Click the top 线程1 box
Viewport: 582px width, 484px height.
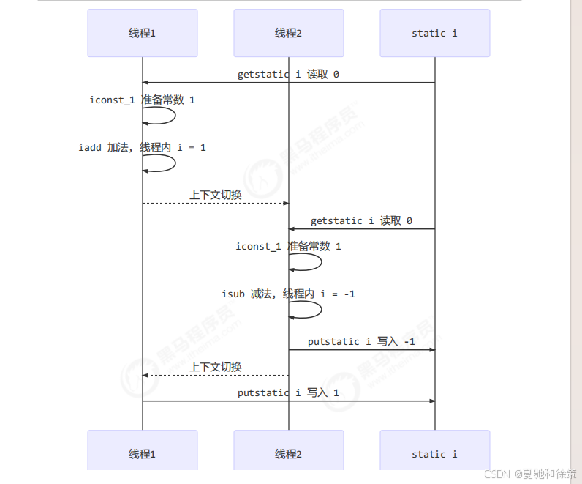[x=142, y=33]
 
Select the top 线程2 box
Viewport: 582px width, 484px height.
[x=288, y=33]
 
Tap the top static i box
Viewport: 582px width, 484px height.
[x=434, y=33]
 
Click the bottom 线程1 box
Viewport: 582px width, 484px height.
[x=142, y=454]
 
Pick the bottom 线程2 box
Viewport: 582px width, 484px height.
[x=288, y=454]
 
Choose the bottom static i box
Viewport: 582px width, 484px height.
[x=434, y=454]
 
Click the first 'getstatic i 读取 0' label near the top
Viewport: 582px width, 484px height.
[x=288, y=75]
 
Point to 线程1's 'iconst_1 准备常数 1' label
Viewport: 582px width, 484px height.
[x=142, y=100]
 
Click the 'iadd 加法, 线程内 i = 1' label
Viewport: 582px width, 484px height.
[x=142, y=147]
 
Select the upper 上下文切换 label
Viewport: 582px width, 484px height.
[x=215, y=195]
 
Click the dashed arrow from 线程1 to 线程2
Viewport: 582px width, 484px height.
[x=215, y=204]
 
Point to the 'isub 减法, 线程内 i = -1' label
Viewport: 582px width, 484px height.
[x=288, y=294]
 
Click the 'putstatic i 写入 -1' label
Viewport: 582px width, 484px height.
[x=361, y=341]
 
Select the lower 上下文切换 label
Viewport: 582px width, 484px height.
[x=215, y=367]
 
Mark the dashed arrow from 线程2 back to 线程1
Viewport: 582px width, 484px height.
[x=215, y=376]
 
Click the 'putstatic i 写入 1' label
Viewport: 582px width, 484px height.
[x=288, y=392]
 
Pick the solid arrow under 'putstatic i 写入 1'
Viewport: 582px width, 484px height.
[x=288, y=401]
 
